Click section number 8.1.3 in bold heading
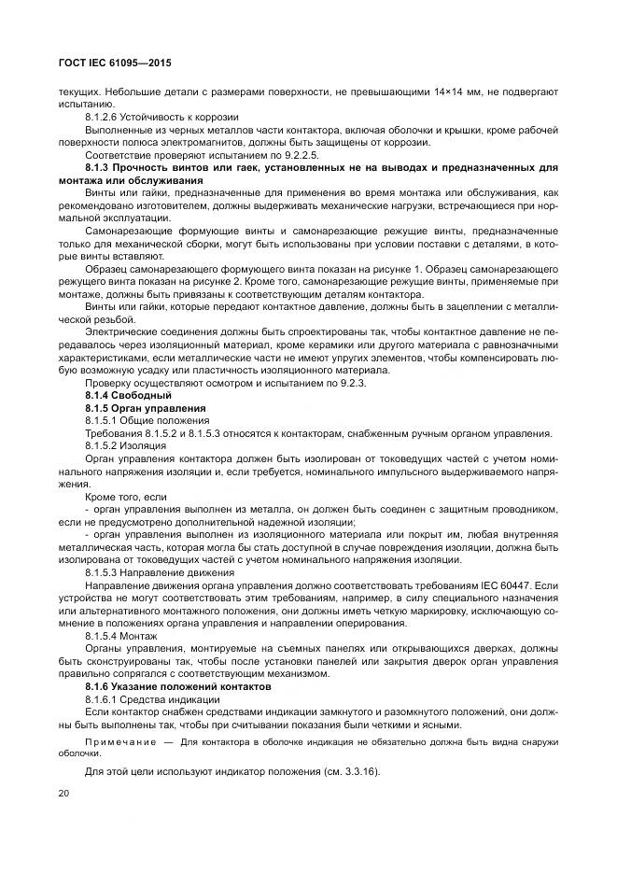[x=98, y=167]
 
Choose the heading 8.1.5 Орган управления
[x=145, y=409]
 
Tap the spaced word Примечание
[x=117, y=741]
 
